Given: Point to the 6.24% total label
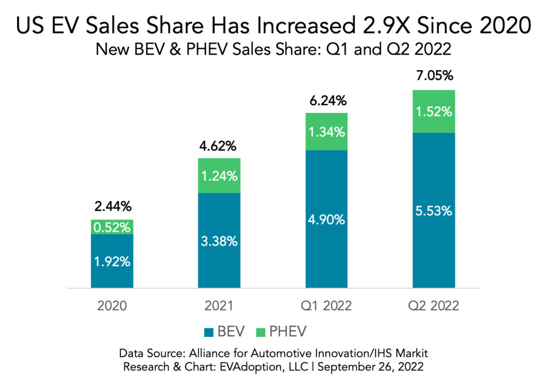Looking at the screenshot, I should coord(326,101).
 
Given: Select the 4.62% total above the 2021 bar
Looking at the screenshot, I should coord(219,146).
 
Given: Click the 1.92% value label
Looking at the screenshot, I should coord(112,262).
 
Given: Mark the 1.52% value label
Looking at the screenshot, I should coord(433,112).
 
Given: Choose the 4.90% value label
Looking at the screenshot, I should coord(326,220).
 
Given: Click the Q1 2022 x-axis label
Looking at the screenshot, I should coord(326,306).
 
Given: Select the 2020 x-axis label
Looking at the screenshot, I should coord(112,306).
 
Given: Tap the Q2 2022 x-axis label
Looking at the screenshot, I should coord(433,306).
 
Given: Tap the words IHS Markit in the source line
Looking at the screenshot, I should coord(400,354).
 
